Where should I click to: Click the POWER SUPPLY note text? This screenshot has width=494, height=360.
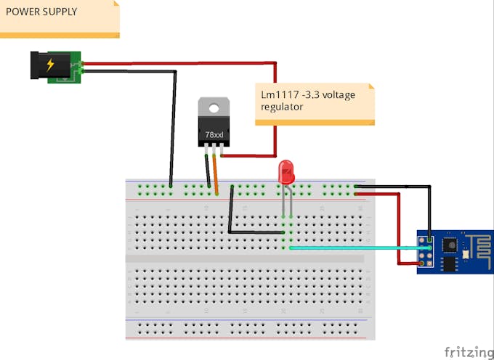coord(41,12)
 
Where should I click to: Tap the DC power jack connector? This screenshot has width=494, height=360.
coord(54,66)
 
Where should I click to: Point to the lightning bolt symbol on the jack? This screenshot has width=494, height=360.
coord(50,65)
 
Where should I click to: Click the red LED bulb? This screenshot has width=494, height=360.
coord(287,173)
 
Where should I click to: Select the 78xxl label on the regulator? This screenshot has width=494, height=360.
coord(214,135)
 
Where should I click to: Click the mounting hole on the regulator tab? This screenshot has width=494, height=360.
coord(214,109)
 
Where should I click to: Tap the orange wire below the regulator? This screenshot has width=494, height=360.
coord(215,174)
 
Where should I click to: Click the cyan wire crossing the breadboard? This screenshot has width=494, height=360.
coord(356,248)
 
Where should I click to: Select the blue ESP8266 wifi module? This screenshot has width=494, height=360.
coord(455,253)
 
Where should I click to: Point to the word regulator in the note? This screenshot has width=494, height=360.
coord(283,107)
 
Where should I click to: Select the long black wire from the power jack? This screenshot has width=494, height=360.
coord(173,123)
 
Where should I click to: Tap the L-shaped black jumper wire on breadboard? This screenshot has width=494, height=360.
coord(230,214)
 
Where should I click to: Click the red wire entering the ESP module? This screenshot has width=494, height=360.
coord(398,232)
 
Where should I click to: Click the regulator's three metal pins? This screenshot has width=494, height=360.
coord(214,150)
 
